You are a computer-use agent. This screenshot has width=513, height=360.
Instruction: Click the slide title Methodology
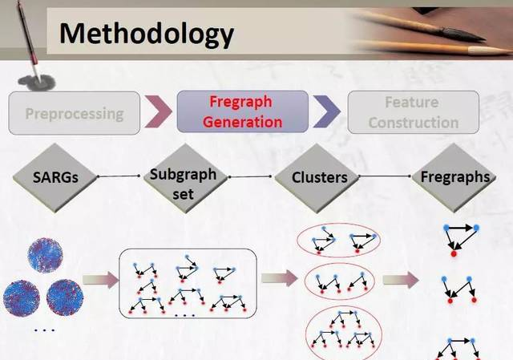click(146, 34)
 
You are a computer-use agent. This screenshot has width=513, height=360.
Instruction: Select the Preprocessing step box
click(75, 113)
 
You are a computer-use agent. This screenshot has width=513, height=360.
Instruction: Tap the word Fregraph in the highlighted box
click(240, 102)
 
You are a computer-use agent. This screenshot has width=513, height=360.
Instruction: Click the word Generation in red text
click(242, 122)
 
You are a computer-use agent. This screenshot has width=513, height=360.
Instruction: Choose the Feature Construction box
click(414, 112)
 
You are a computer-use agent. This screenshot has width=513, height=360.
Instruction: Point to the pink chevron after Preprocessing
click(158, 111)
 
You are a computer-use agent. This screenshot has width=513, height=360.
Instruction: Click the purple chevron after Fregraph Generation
click(326, 111)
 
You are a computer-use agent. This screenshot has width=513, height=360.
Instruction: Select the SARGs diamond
click(55, 177)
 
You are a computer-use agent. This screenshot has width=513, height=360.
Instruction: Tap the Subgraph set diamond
click(185, 178)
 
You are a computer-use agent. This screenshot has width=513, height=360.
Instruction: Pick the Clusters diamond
click(317, 178)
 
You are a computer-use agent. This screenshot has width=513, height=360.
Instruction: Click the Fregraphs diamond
click(454, 177)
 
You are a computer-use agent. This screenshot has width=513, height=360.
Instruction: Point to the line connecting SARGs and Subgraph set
click(119, 176)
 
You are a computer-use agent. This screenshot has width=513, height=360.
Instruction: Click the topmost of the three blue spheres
click(45, 255)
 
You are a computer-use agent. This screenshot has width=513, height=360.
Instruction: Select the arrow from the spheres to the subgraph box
click(100, 280)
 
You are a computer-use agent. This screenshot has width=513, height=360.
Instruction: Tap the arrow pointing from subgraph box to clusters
click(280, 278)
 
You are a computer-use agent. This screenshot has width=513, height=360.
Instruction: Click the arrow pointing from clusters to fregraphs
click(401, 280)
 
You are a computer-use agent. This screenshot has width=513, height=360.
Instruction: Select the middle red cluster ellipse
click(339, 264)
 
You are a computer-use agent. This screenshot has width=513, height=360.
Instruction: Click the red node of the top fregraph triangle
click(454, 253)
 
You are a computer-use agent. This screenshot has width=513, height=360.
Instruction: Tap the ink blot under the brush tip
click(37, 83)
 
